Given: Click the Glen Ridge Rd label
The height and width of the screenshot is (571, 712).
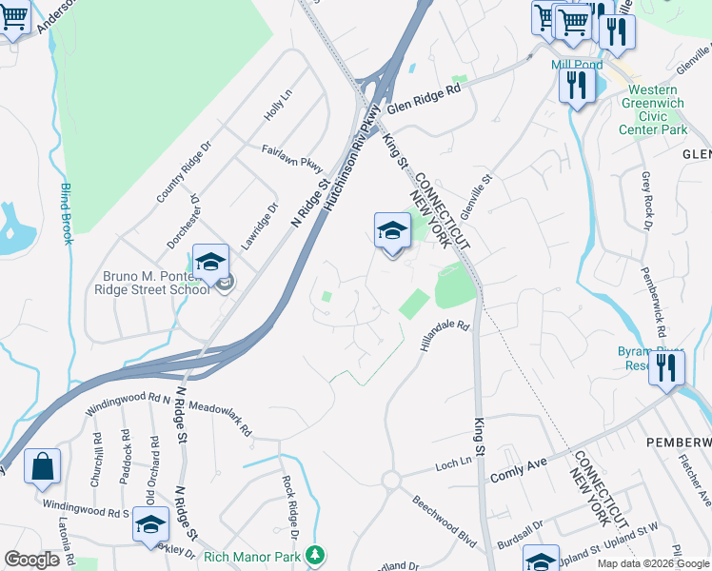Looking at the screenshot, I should (x=424, y=97).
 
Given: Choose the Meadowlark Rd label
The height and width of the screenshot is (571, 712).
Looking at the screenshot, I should (x=220, y=419).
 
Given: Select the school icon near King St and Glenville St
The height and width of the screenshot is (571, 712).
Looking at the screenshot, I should (x=392, y=230).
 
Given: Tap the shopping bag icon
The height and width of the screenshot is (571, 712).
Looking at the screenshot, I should (x=43, y=466).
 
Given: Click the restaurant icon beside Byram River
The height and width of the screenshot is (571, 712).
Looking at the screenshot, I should (x=667, y=367).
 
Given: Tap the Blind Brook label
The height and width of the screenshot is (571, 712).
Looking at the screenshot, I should (x=67, y=212).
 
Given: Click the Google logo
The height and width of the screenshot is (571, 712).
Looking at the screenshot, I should (x=31, y=560).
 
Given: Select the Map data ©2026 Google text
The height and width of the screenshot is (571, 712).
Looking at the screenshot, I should (x=652, y=563).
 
